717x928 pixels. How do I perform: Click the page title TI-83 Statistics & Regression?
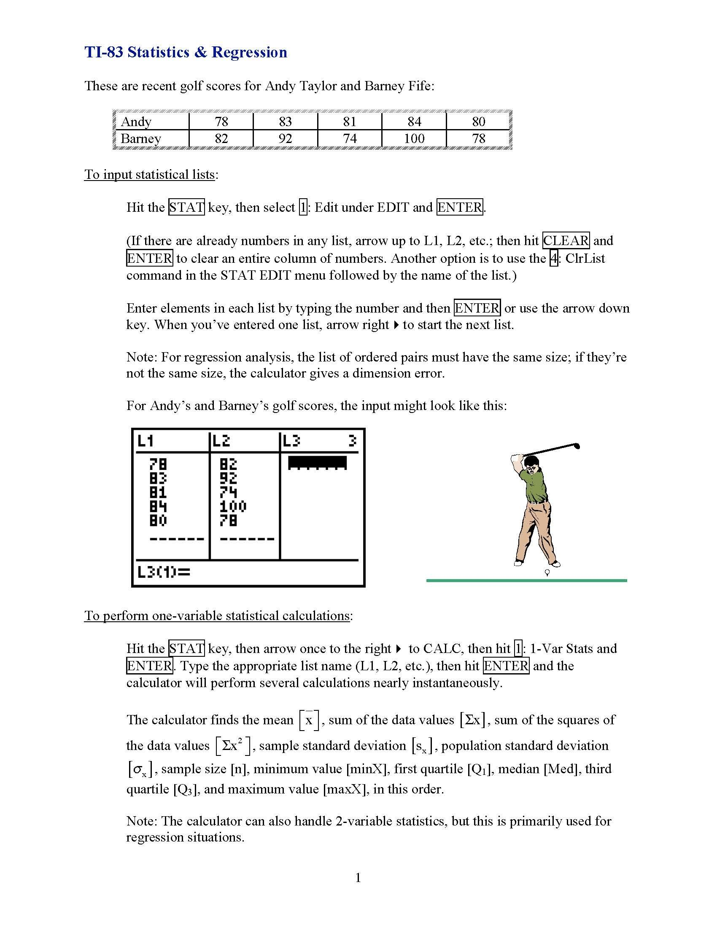tap(186, 52)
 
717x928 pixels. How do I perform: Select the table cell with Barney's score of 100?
tap(414, 138)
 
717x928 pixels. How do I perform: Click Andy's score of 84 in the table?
tap(414, 121)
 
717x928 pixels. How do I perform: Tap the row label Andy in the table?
tap(136, 121)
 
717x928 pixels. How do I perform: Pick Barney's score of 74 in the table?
tap(349, 138)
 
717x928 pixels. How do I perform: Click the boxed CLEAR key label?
tap(566, 241)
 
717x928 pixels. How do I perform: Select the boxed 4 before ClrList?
tap(553, 258)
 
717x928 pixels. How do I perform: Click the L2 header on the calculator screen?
tap(221, 442)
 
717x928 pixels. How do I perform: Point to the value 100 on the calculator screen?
tap(233, 506)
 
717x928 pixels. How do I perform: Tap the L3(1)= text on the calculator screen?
tap(164, 572)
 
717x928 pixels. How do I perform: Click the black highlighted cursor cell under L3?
tap(317, 463)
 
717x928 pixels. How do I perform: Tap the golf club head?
tap(577, 446)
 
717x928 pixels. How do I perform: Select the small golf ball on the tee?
tap(547, 572)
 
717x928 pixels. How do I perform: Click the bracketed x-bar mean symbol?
tap(309, 720)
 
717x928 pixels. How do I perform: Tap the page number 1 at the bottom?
tap(358, 877)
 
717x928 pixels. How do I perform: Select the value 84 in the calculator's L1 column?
tap(158, 506)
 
